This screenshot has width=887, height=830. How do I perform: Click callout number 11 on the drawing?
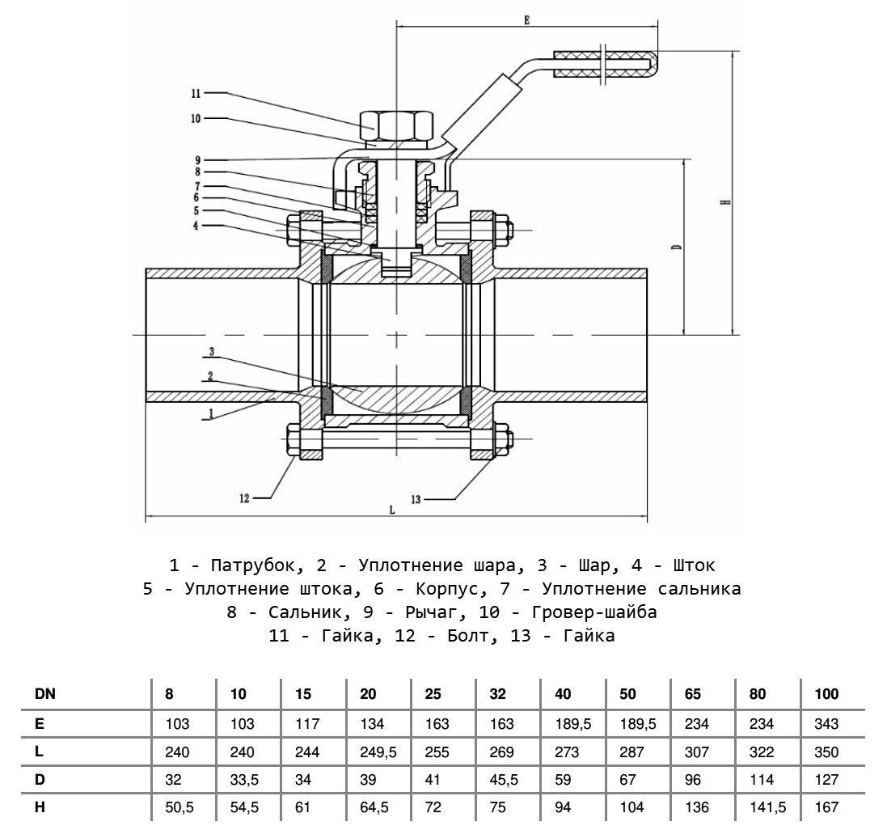click(x=196, y=92)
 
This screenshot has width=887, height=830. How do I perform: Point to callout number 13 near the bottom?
click(x=416, y=500)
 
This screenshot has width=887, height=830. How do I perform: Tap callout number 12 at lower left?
click(x=245, y=498)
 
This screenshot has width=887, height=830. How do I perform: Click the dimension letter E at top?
click(x=526, y=19)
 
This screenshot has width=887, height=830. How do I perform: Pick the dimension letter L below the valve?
click(x=391, y=510)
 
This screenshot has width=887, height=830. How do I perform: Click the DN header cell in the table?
click(x=45, y=694)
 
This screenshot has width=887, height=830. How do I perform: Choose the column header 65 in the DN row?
click(x=693, y=694)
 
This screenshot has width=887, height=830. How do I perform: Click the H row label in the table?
click(x=39, y=807)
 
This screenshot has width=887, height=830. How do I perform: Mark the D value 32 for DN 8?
click(x=172, y=781)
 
